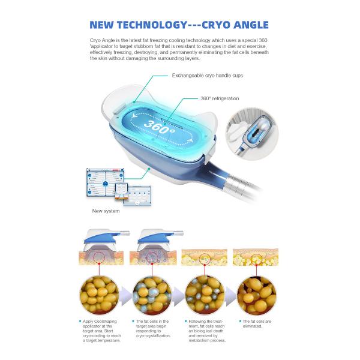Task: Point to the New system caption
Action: (106, 211)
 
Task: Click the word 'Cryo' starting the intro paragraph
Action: (96, 38)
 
